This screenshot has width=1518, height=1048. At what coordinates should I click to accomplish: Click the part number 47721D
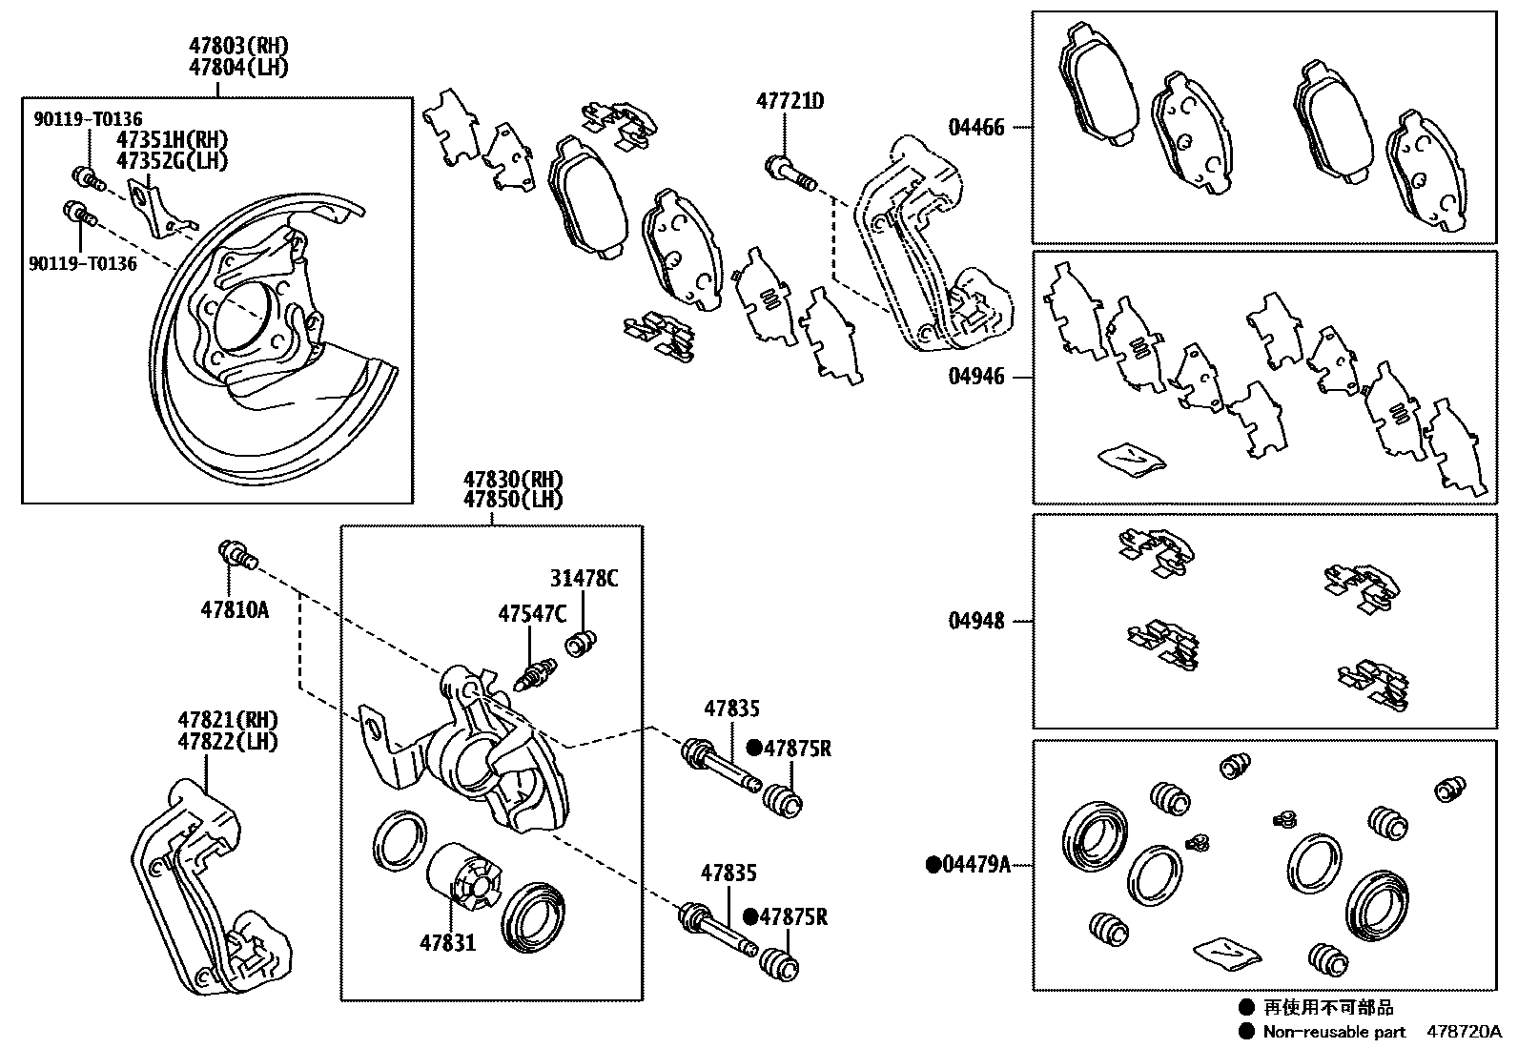tap(790, 100)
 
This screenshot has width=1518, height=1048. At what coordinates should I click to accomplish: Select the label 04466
tap(975, 127)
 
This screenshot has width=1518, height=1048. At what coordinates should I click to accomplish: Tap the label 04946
tap(975, 377)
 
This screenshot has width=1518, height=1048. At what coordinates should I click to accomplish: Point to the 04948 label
tap(975, 622)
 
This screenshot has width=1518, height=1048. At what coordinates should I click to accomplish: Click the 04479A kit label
tap(974, 865)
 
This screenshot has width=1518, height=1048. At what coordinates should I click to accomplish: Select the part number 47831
tap(447, 943)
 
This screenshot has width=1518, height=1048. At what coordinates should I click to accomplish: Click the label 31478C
tap(584, 578)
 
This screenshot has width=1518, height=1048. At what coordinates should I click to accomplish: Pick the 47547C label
tap(532, 614)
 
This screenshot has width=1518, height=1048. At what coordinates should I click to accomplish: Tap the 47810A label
tap(235, 608)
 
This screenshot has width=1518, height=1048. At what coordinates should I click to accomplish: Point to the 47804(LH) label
tap(238, 67)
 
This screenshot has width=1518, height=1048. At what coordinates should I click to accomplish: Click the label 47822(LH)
tap(227, 741)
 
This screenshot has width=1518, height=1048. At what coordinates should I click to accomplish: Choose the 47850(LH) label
tap(513, 499)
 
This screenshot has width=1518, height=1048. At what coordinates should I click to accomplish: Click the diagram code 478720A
tap(1464, 1032)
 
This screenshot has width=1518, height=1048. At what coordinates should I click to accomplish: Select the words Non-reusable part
tap(1333, 1032)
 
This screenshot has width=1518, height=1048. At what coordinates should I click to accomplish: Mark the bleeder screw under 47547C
tap(533, 673)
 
